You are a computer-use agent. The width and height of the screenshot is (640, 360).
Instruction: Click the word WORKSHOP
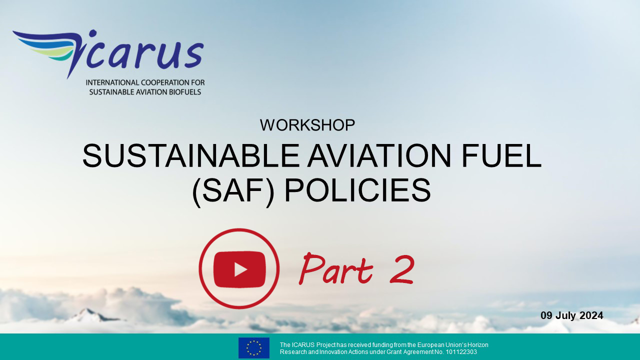307,125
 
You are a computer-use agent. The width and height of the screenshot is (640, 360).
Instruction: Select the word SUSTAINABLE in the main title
190,155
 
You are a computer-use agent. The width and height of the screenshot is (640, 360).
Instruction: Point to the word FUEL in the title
501,155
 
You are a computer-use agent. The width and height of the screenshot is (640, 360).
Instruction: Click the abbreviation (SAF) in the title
233,190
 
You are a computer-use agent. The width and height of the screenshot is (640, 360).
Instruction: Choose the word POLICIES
357,190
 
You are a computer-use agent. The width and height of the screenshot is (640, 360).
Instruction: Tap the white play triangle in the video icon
240,269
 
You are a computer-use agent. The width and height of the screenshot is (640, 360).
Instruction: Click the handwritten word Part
336,268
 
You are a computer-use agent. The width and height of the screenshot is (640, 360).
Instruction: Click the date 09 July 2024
571,315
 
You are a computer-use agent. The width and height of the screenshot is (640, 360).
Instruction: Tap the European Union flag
254,348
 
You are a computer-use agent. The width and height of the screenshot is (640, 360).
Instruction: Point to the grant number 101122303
461,352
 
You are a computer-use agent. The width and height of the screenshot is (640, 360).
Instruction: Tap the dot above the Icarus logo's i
92,33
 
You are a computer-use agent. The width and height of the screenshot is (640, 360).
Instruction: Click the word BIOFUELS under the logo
186,92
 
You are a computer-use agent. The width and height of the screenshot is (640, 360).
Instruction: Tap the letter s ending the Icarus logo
194,55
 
